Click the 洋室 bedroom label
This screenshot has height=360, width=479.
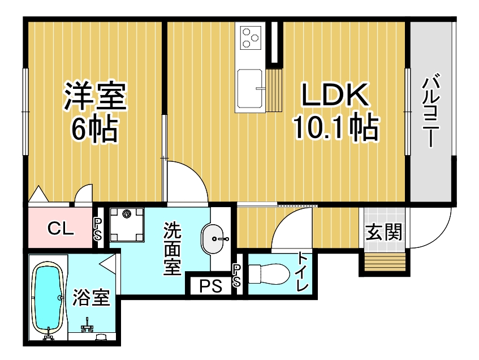pos(95,96)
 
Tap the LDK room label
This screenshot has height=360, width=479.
pos(335,95)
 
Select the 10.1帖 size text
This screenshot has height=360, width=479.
pos(336,127)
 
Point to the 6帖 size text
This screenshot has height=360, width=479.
pos(94,128)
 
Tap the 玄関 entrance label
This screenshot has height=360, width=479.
pos(384,232)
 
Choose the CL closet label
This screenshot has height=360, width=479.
pos(61,228)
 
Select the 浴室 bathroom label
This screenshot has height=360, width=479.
pos(91,297)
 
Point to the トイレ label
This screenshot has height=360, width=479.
pos(303,271)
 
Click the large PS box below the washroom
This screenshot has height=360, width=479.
pos(211,286)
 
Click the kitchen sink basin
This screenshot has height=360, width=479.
pos(250,88)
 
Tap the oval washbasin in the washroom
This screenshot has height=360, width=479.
pos(212,239)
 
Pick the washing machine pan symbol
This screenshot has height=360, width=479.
pos(127,225)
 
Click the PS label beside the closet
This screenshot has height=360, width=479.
pos(97,229)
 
